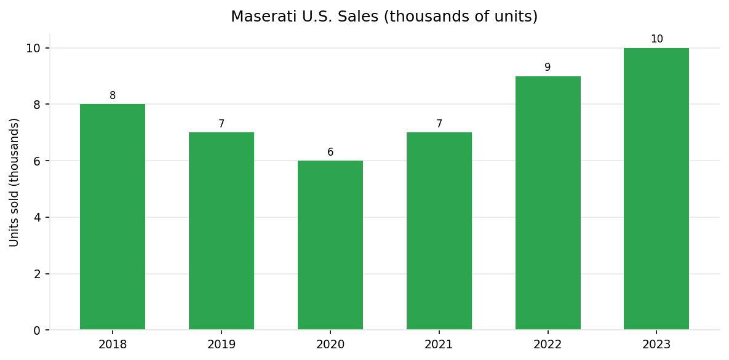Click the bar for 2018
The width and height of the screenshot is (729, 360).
tap(113, 217)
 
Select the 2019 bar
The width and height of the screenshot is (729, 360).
tap(221, 231)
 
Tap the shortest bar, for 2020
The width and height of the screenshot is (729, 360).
tap(330, 245)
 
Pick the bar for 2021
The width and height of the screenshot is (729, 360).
tap(439, 231)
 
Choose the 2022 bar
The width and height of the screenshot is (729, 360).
tap(548, 203)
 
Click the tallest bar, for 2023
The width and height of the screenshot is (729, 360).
tap(656, 189)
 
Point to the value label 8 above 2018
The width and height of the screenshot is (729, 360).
tap(113, 96)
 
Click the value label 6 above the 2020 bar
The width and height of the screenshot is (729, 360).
tap(330, 153)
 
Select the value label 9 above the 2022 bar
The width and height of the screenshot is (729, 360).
tap(548, 68)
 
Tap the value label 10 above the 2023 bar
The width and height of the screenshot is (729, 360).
tap(656, 39)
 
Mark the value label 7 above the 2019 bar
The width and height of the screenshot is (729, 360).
tap(221, 124)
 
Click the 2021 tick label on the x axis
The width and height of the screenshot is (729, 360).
tap(439, 345)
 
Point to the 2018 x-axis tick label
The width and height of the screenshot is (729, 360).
tap(113, 345)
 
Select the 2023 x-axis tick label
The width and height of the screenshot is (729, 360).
tap(656, 345)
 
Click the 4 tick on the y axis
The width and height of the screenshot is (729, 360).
tap(37, 218)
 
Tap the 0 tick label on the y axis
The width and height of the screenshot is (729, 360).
tap(37, 330)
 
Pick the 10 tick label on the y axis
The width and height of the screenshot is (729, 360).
tap(33, 49)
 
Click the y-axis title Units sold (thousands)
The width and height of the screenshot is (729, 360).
tap(15, 182)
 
